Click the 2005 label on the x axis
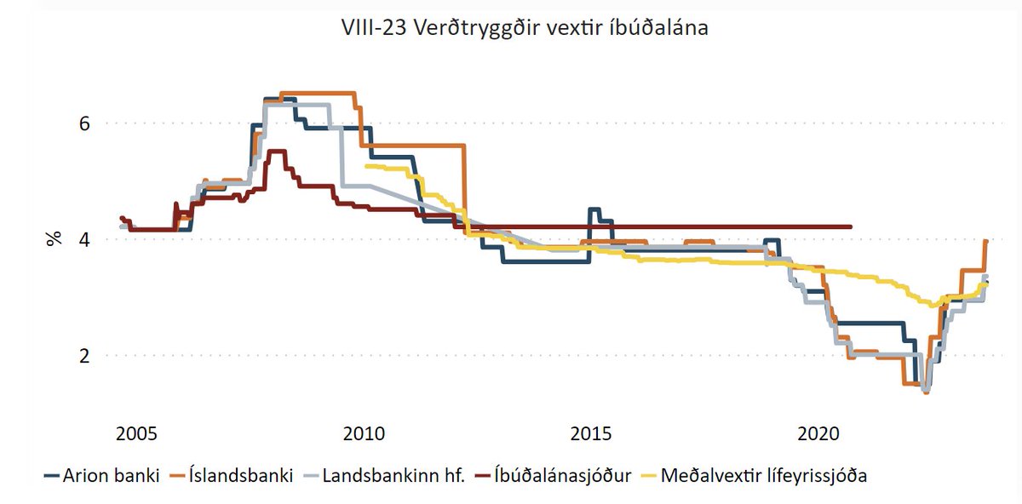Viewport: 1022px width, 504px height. pyautogui.click(x=136, y=433)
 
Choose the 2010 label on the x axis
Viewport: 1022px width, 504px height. pyautogui.click(x=365, y=433)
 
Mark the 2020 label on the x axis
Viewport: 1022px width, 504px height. pyautogui.click(x=820, y=433)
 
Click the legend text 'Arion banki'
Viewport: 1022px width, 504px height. pyautogui.click(x=112, y=475)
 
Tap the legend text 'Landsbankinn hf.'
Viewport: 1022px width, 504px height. pyautogui.click(x=393, y=475)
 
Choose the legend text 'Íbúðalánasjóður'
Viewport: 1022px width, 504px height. pyautogui.click(x=563, y=475)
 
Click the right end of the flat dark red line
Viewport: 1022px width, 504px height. pyautogui.click(x=851, y=226)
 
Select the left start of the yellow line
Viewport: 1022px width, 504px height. pyautogui.click(x=365, y=166)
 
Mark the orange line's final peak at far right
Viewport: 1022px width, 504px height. pyautogui.click(x=985, y=241)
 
